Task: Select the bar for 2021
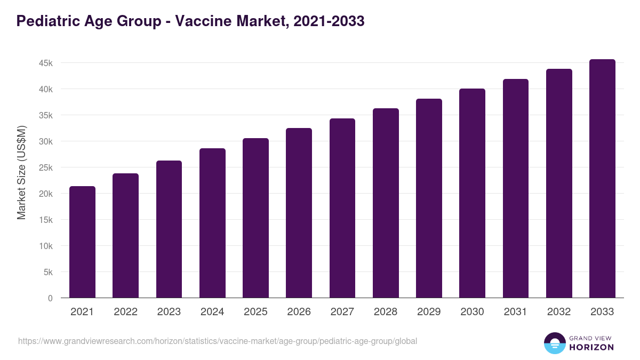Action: [82, 242]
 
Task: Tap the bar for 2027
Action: [342, 208]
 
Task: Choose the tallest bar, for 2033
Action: [602, 179]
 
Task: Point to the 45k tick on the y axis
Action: [46, 63]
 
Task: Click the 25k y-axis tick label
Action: [46, 167]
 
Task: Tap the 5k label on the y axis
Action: [48, 272]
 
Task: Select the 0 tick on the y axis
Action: [50, 298]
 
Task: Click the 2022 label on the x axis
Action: [125, 312]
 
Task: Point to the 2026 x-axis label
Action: [299, 312]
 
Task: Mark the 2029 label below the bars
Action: [429, 312]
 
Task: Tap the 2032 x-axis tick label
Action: [559, 312]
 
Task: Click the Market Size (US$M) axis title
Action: [21, 172]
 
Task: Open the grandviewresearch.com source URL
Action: [218, 341]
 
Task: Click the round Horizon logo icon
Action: [554, 343]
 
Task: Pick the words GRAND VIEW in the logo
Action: [591, 338]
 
